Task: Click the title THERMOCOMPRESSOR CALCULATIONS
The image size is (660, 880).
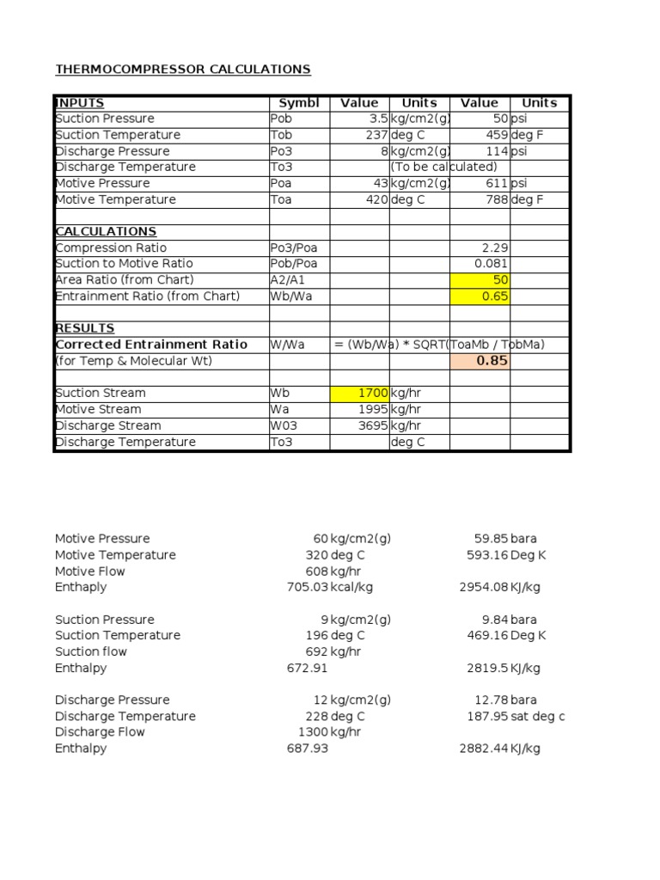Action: (183, 69)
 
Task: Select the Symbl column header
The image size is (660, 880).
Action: (298, 102)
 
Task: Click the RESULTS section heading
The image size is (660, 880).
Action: (84, 328)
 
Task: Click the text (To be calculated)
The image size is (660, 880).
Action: (443, 167)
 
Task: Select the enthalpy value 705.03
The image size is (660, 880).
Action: (308, 587)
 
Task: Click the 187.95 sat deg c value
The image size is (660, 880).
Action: (515, 716)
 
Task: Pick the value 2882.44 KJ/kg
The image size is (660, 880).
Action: (499, 749)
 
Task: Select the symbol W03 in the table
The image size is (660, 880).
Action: (284, 425)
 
